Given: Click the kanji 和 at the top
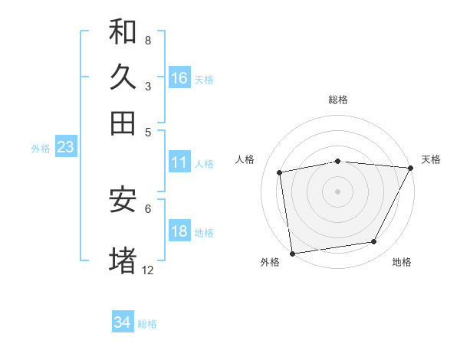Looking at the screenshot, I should [x=123, y=31].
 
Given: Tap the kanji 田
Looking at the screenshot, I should [x=123, y=123].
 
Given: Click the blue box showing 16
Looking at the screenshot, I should [x=179, y=78].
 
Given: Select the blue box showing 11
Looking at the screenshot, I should [x=179, y=162].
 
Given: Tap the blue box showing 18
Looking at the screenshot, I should [x=179, y=232].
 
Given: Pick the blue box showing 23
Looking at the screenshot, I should [x=65, y=148].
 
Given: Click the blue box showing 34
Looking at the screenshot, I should [x=123, y=322].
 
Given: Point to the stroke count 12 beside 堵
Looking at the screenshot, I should [x=147, y=270].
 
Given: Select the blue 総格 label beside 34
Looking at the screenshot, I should [x=147, y=324].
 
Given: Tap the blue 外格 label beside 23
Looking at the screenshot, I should [x=40, y=149].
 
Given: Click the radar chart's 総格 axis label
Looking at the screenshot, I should [x=337, y=100].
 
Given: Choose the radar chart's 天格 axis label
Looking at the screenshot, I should [x=431, y=159].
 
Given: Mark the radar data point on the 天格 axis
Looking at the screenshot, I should [x=410, y=168].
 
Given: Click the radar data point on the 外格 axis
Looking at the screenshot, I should [x=292, y=253].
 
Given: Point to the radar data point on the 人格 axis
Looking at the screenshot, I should [x=280, y=172].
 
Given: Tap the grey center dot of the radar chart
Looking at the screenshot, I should [x=337, y=191].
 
